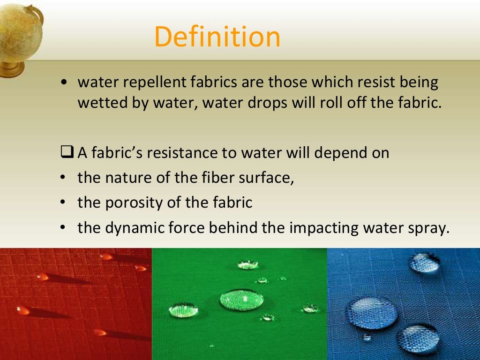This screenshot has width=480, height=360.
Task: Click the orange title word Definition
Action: point(217,37)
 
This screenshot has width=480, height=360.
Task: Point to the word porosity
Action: point(130,203)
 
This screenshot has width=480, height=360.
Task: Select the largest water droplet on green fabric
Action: point(241,299)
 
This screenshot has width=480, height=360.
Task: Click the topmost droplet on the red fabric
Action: point(106,256)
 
